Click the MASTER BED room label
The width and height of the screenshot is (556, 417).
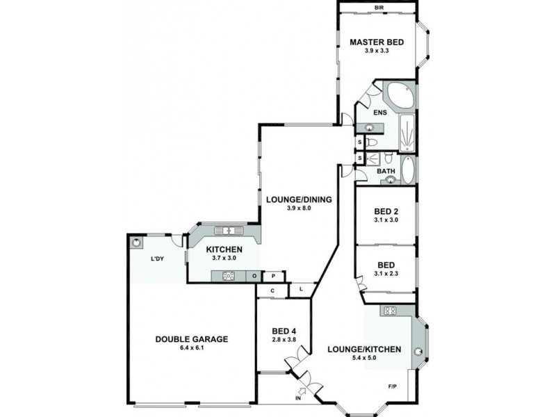pyautogui.click(x=377, y=42)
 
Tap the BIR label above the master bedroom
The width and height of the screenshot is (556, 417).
pyautogui.click(x=379, y=8)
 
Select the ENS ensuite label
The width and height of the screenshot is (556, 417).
pyautogui.click(x=379, y=113)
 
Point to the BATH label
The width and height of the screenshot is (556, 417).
pyautogui.click(x=386, y=171)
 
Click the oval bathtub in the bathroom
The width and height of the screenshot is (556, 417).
pyautogui.click(x=408, y=170)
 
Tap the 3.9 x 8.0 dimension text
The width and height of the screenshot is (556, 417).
pyautogui.click(x=299, y=208)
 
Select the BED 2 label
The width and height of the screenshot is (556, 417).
pyautogui.click(x=386, y=212)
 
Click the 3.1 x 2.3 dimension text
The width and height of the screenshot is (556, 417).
pyautogui.click(x=386, y=273)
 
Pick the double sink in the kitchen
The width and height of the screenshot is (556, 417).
pyautogui.click(x=229, y=231)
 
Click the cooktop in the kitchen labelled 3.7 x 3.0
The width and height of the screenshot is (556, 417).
pyautogui.click(x=229, y=276)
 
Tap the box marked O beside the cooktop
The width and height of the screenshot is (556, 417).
pyautogui.click(x=254, y=276)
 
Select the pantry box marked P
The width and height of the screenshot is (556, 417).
pyautogui.click(x=273, y=276)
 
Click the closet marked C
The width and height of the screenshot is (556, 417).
pyautogui.click(x=272, y=291)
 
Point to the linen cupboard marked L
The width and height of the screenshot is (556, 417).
pyautogui.click(x=301, y=289)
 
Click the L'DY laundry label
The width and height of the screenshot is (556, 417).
pyautogui.click(x=157, y=259)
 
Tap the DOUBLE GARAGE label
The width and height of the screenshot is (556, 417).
pyautogui.click(x=192, y=339)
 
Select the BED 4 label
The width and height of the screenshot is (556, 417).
pyautogui.click(x=284, y=332)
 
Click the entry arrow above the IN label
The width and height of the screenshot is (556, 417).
pyautogui.click(x=302, y=391)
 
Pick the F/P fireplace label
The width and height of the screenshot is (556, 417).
pyautogui.click(x=393, y=386)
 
